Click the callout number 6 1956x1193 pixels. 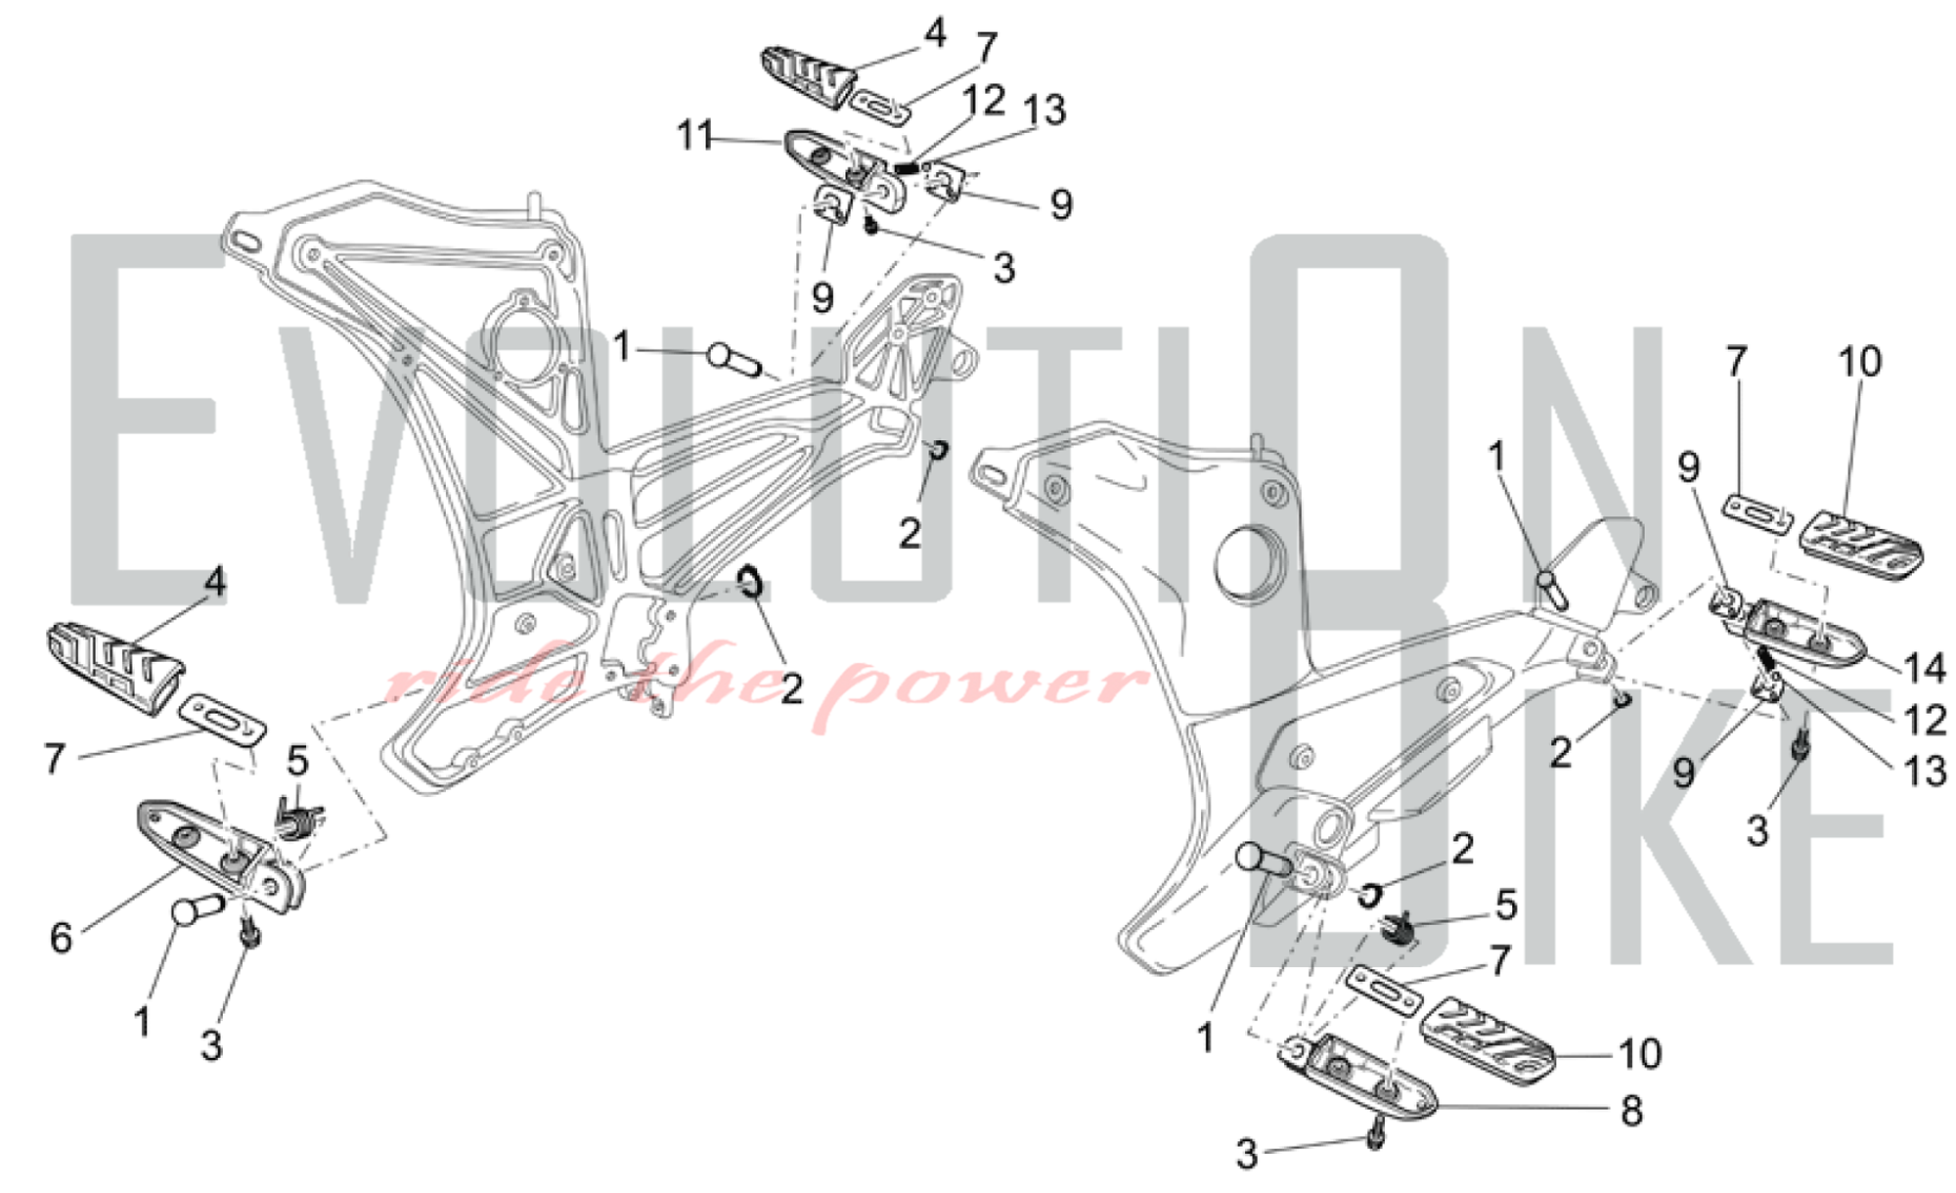[x=61, y=937]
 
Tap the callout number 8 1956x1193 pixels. [x=1630, y=1110]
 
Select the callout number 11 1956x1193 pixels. [x=695, y=135]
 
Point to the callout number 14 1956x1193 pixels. [x=1924, y=668]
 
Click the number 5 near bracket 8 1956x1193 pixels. [x=1506, y=905]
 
